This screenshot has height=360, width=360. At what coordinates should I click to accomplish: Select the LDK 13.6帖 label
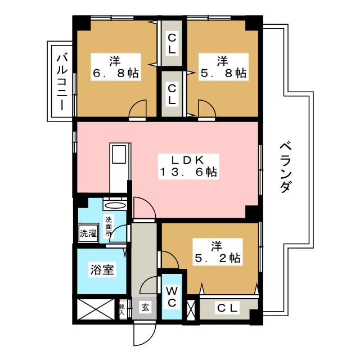point(188,166)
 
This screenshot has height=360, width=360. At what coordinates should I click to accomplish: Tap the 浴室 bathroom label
point(102,269)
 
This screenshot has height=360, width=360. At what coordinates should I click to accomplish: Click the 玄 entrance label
point(144,307)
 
